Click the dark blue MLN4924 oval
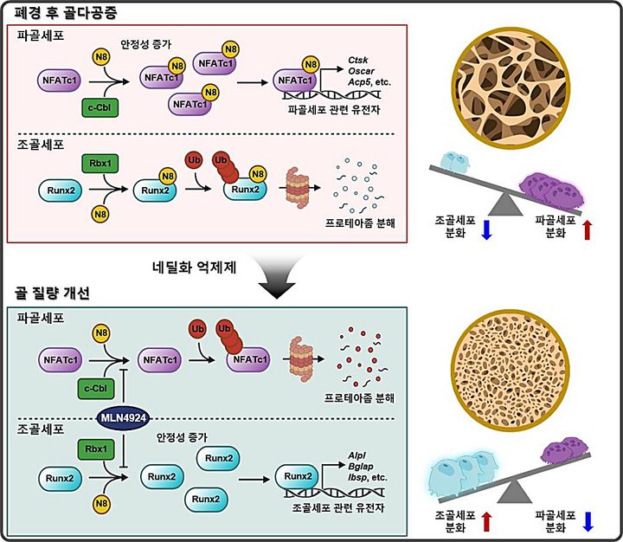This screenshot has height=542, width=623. (x=124, y=418)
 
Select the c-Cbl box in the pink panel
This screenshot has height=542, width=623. (x=100, y=107)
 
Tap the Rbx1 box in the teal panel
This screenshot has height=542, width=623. (x=96, y=449)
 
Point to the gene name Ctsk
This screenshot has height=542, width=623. (x=358, y=60)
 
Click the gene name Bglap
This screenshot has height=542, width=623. (x=360, y=466)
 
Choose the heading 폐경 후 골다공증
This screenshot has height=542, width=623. (x=66, y=13)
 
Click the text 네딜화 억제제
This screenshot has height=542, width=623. (x=195, y=268)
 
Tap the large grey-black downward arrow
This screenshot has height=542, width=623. (x=277, y=277)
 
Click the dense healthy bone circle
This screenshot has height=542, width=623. (x=511, y=371)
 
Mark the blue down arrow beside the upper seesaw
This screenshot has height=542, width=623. (x=487, y=229)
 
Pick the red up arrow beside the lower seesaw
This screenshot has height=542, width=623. (x=487, y=521)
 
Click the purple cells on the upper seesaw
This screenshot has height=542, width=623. (x=554, y=189)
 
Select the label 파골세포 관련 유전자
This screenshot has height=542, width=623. (x=334, y=109)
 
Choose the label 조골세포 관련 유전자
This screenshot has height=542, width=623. (x=338, y=507)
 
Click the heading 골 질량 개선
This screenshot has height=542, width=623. (x=52, y=293)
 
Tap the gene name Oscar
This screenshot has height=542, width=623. (x=361, y=71)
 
